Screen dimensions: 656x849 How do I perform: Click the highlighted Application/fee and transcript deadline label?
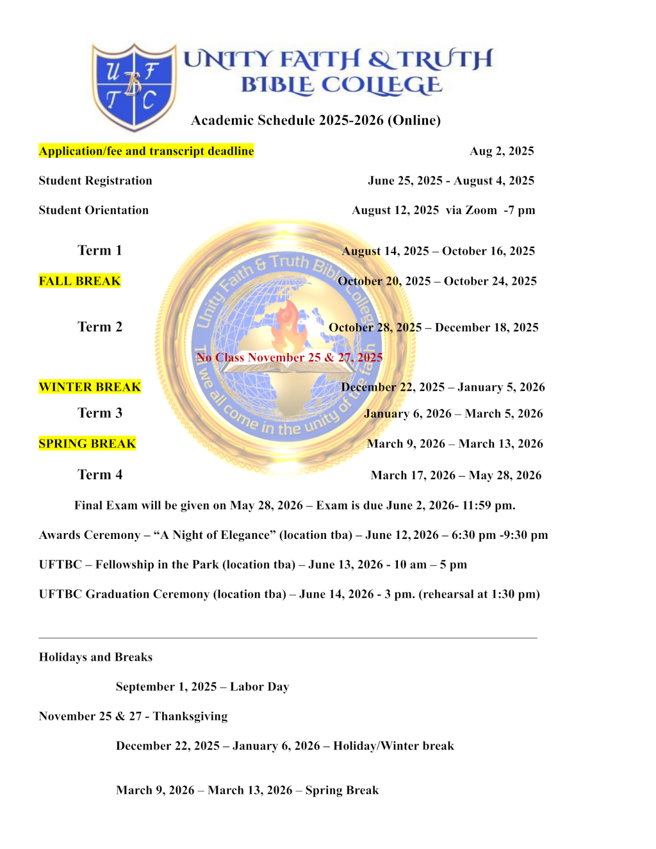click(x=146, y=151)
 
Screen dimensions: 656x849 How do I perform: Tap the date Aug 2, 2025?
click(x=502, y=151)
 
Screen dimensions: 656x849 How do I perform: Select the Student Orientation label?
click(x=94, y=210)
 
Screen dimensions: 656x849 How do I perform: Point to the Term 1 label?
click(x=100, y=251)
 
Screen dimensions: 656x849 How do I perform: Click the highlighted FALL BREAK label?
click(x=79, y=281)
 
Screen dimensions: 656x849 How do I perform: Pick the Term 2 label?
click(x=100, y=327)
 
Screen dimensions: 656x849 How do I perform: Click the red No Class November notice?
click(x=290, y=358)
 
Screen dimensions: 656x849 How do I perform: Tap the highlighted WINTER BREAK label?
click(x=90, y=387)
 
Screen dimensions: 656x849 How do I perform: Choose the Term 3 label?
click(x=100, y=413)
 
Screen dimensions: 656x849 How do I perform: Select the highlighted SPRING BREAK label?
click(x=87, y=443)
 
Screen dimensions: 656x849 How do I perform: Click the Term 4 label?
click(x=100, y=475)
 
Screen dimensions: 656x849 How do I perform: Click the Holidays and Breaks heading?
click(x=95, y=657)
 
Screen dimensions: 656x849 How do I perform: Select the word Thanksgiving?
click(x=190, y=716)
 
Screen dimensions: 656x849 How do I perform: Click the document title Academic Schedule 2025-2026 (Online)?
click(x=316, y=120)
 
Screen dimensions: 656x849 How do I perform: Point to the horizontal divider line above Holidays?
click(x=288, y=638)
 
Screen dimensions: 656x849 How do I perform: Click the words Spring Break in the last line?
click(x=342, y=790)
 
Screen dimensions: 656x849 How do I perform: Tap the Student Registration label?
click(x=95, y=181)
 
